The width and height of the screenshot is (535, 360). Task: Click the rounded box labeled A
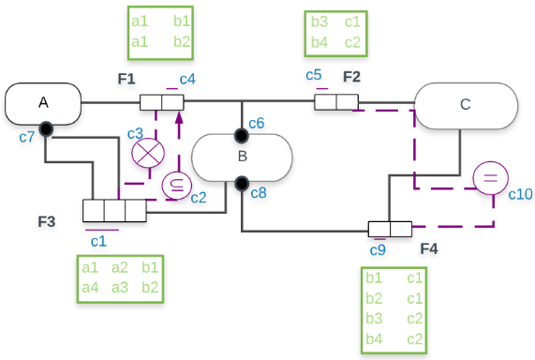coord(43,103)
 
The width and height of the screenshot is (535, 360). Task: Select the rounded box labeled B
coord(242,156)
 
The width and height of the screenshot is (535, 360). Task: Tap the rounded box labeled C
coord(466,105)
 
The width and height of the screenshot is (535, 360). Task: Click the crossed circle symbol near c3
coord(145,153)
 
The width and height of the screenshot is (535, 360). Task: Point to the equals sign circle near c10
coord(489,178)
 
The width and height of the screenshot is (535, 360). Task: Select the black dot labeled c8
coord(242,182)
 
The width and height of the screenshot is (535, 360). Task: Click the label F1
coord(126,78)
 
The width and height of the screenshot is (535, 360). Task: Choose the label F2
coord(351,76)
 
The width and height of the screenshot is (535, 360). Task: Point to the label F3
coord(47,221)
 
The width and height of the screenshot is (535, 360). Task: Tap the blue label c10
coord(520,194)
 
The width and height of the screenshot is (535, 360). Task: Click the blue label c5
coord(314,75)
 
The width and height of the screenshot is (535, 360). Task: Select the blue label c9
coord(378,249)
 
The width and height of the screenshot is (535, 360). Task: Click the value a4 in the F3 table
coord(90,286)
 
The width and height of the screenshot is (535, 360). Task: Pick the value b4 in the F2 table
coord(320,42)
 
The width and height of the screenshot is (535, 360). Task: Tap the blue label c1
coord(97,240)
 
